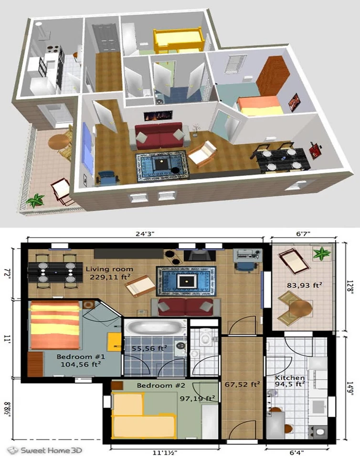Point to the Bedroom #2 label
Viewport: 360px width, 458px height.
(161, 385)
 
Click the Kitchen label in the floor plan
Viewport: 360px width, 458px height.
(289, 377)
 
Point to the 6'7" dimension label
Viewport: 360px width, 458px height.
(304, 235)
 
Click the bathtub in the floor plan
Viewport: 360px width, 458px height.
(154, 328)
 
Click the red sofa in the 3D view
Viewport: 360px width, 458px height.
(159, 135)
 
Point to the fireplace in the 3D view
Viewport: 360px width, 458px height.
(158, 115)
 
